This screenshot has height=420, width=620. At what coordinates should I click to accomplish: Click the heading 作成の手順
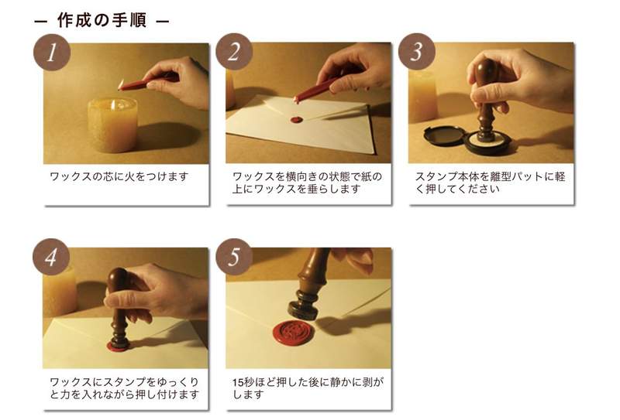pos(102,20)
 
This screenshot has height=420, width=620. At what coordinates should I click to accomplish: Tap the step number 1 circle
pos(52,52)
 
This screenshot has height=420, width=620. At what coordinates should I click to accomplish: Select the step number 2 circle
pos(234,52)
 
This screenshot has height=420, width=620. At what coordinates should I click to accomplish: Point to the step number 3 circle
pos(416,52)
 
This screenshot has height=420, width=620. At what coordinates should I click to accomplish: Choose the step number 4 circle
pos(51,257)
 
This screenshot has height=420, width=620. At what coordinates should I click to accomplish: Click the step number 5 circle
pos(234,257)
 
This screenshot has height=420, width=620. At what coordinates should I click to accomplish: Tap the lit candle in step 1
pos(112,125)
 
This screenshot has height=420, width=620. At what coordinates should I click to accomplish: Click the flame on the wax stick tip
pos(121,84)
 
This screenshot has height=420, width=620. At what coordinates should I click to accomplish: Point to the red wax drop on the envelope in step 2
pos(297,120)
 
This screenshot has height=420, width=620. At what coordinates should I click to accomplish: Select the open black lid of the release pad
pos(443,135)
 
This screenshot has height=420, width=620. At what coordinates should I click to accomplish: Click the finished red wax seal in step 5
pos(294,332)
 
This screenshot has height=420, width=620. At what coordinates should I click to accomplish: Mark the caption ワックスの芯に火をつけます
pos(119,176)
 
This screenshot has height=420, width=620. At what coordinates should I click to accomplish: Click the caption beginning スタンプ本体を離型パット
pos(490,183)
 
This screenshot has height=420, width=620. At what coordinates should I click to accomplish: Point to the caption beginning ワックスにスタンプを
pos(125,388)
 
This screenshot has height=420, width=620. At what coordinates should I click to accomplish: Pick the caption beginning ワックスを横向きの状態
pos(307,183)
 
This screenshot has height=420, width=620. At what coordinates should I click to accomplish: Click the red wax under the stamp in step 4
pos(119,347)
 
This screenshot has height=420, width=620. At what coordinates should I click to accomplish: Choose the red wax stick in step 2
pos(316,89)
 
